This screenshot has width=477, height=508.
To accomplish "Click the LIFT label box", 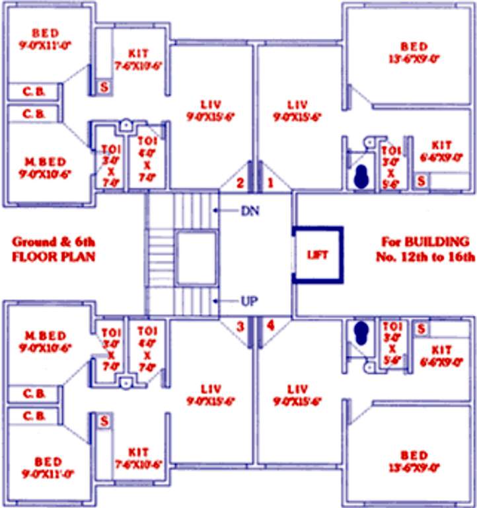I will tap(318, 255).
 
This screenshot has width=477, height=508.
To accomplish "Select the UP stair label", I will tap(248, 302).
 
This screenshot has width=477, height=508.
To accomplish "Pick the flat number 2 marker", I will tap(240, 182).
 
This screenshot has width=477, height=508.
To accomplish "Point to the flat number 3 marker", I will tap(240, 325).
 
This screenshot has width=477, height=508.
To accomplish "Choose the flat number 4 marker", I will tap(270, 325).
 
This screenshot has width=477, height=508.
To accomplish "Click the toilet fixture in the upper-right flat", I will tap(361, 176).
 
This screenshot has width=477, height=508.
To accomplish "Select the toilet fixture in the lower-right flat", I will tap(361, 331).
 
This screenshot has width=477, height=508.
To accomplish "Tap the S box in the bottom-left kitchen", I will tap(104, 420).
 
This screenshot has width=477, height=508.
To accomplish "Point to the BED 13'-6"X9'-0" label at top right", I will tap(414, 52).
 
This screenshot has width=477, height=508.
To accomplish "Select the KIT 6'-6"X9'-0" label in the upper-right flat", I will tap(441, 151).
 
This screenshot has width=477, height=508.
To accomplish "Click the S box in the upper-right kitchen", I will tap(421, 179).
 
